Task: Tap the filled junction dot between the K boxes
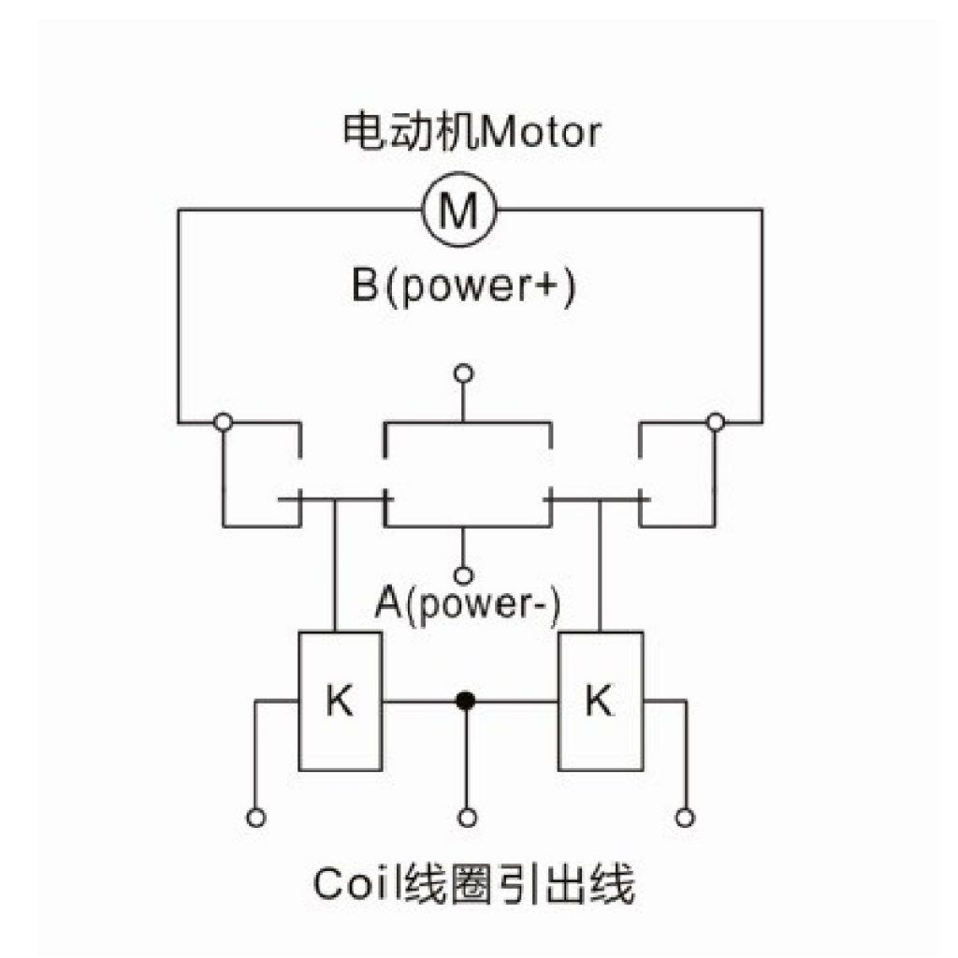click(466, 701)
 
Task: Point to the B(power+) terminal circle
click(464, 372)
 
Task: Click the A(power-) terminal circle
click(464, 575)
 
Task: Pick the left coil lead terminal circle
click(256, 818)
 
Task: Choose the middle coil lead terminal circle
click(467, 818)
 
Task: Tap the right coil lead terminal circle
click(684, 818)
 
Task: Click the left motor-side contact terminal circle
click(223, 422)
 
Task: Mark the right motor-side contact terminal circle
click(715, 422)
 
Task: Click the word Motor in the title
click(541, 132)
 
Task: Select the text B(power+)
click(464, 286)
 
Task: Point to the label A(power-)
click(468, 604)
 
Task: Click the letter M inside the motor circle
click(458, 210)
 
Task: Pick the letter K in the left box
click(340, 700)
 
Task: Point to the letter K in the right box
click(599, 700)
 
